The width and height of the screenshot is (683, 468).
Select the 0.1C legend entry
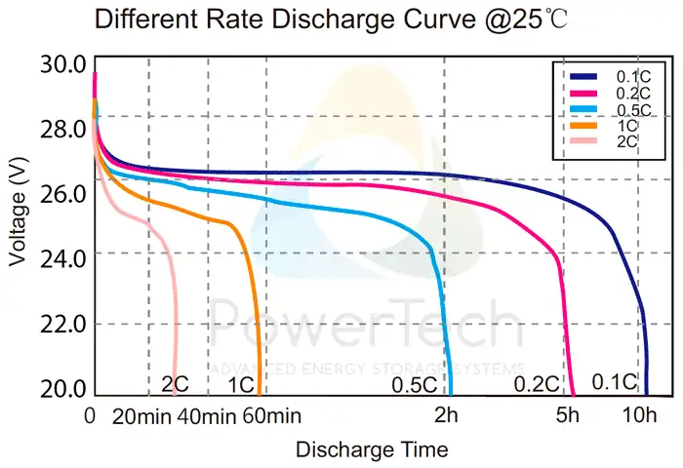click(x=627, y=76)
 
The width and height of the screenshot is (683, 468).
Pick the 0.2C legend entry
click(x=627, y=93)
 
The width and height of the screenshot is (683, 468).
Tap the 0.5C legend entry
click(x=627, y=109)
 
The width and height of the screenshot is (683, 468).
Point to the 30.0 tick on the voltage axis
click(x=63, y=65)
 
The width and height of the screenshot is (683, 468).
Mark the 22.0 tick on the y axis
click(x=63, y=324)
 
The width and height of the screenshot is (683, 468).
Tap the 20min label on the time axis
click(x=142, y=417)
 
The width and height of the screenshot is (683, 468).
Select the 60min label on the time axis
click(x=267, y=417)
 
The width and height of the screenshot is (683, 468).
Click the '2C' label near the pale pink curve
click(x=175, y=385)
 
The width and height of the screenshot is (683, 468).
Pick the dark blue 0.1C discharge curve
click(x=390, y=174)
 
